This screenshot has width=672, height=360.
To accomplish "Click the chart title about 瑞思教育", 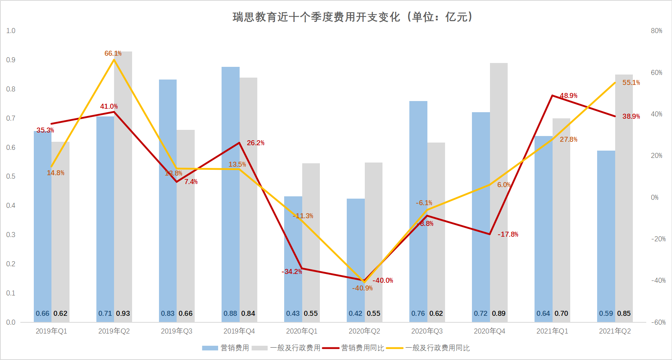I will [353, 17].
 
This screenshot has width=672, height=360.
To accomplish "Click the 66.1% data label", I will [113, 53].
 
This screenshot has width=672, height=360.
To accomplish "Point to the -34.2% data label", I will [292, 272].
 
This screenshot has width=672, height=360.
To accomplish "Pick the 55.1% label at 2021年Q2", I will [631, 83].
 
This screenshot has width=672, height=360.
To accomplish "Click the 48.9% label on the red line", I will [568, 96].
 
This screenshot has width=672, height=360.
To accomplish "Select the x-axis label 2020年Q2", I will [364, 331].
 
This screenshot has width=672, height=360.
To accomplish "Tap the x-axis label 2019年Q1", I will [51, 331].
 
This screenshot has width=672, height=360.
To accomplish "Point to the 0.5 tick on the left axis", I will [11, 176].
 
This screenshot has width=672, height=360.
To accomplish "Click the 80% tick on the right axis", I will [656, 31].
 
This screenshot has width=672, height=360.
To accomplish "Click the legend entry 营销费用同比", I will [362, 348].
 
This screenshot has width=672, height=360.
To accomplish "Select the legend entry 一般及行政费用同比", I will [437, 348].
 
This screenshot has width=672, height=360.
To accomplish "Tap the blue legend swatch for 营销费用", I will [210, 348].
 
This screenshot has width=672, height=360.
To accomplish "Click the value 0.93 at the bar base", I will [123, 314].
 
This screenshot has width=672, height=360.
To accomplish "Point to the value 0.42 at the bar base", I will [355, 314].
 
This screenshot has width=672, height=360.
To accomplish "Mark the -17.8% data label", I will [508, 234].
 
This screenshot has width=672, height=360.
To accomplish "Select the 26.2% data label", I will [255, 143].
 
